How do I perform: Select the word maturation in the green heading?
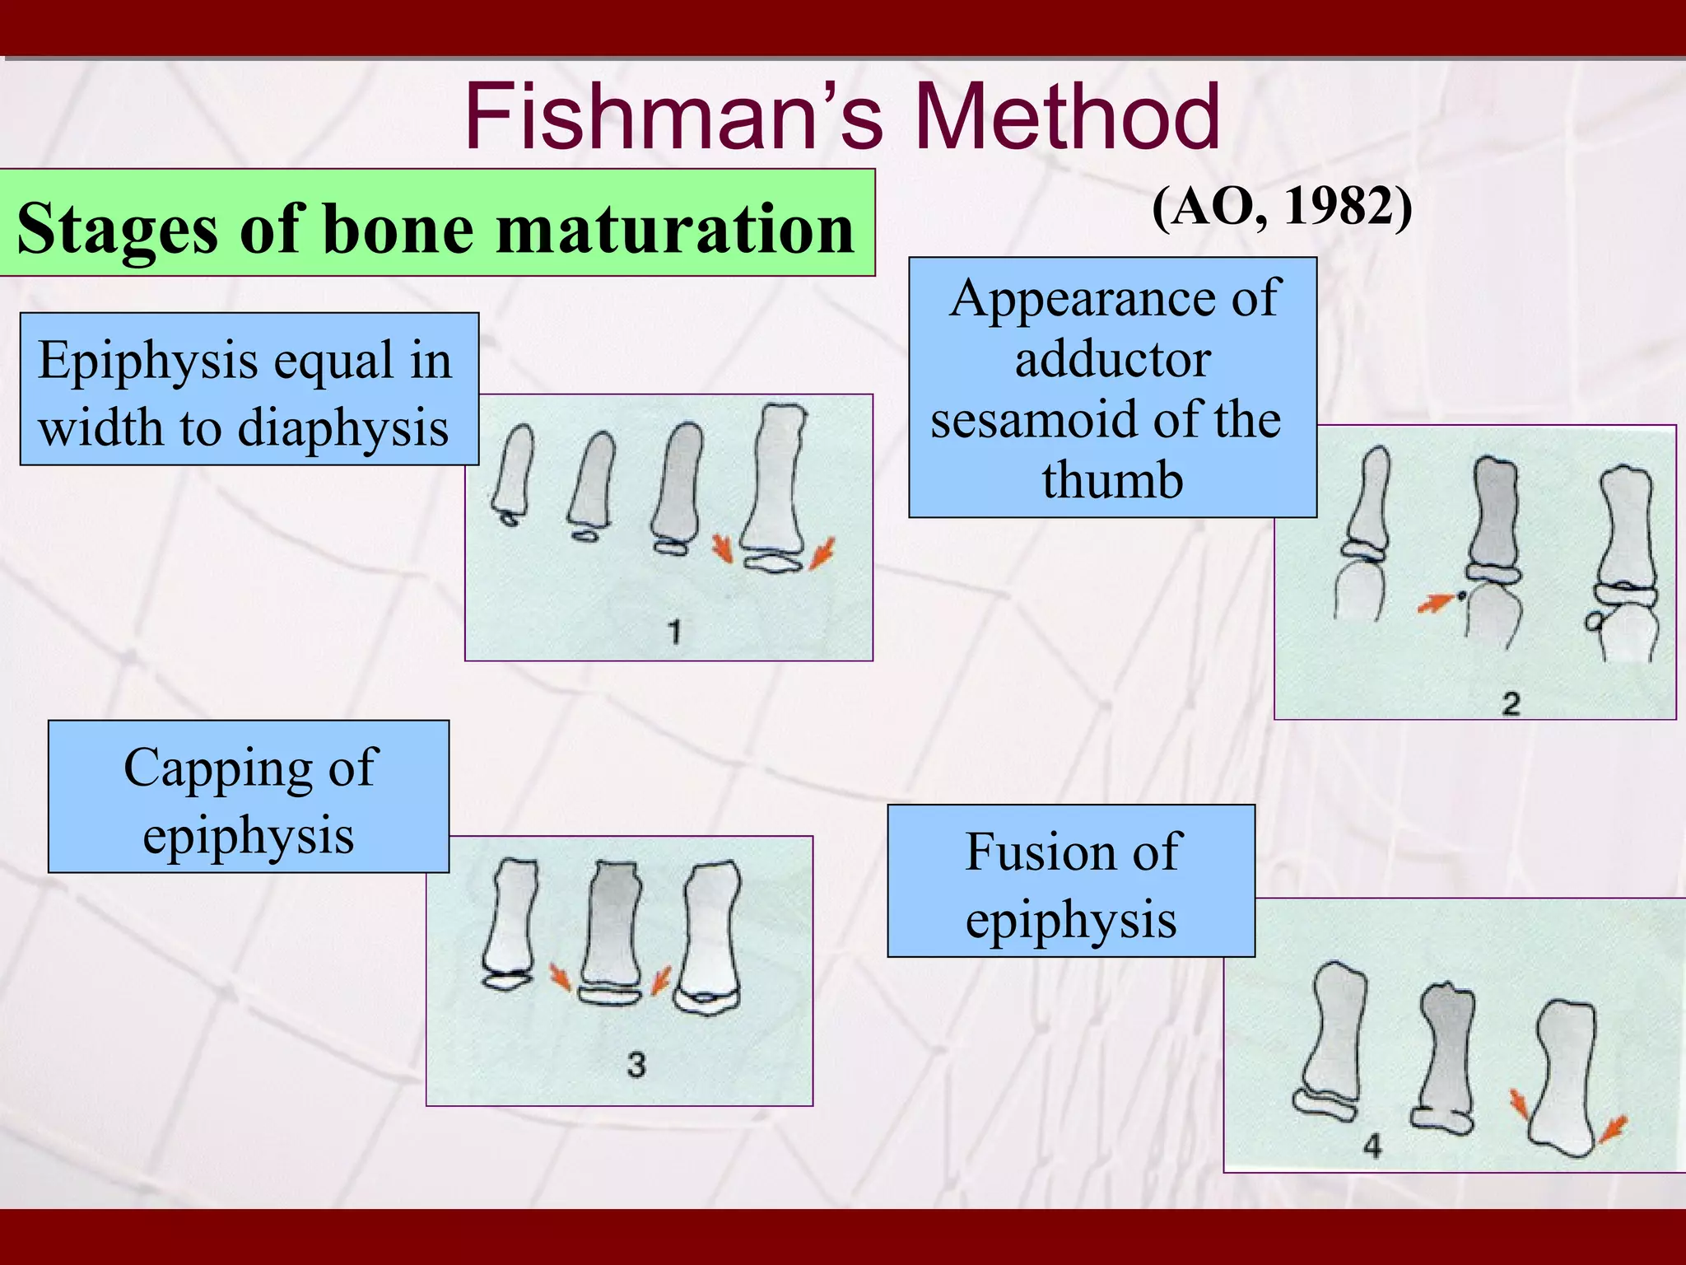[675, 228]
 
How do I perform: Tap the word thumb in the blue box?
[1112, 480]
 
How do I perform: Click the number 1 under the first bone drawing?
[674, 632]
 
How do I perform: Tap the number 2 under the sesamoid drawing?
[1511, 704]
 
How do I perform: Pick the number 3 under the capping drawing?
[636, 1065]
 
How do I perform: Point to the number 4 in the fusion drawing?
[1372, 1145]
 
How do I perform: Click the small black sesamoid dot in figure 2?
[1461, 595]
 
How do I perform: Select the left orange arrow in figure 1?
[722, 548]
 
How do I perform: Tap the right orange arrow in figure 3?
[660, 981]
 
